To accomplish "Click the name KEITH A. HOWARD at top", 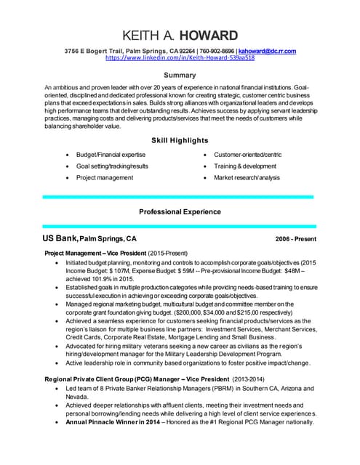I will [180, 35].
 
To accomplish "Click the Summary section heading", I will [179, 75].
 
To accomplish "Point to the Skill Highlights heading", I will [179, 139].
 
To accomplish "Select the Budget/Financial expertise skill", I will [111, 155].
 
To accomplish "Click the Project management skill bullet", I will [105, 177].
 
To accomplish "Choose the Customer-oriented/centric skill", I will [247, 155].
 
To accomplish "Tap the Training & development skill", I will [246, 166].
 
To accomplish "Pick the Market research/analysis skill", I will [246, 177].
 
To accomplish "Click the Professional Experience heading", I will [179, 211].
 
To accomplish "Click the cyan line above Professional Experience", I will [179, 197].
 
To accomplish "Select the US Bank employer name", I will [60, 238].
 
